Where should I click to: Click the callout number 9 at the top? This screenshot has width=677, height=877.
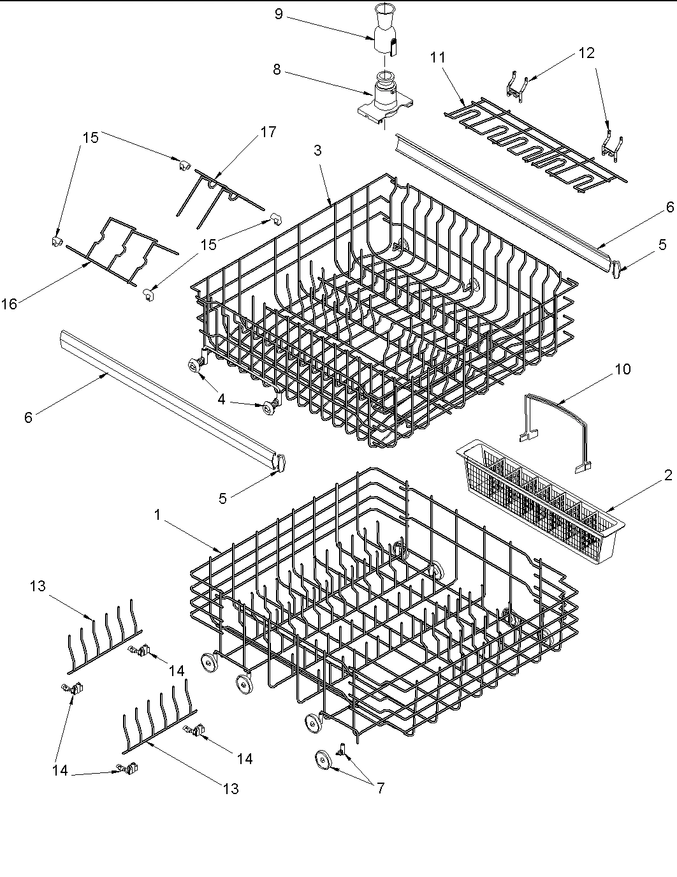(x=279, y=14)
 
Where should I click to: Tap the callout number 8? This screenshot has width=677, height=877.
(x=277, y=70)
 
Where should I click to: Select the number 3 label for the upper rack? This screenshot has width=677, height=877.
(x=317, y=151)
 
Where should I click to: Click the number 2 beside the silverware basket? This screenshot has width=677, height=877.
(x=668, y=475)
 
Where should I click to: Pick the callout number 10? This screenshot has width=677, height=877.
(x=623, y=369)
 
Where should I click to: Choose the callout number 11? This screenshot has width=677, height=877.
(x=437, y=57)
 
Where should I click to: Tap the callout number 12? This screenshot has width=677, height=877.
(x=586, y=53)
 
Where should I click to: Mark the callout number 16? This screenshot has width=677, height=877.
(x=9, y=304)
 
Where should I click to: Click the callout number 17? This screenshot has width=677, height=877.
(x=268, y=132)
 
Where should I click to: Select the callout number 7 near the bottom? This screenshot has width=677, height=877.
(x=380, y=788)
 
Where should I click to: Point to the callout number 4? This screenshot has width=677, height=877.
(x=221, y=399)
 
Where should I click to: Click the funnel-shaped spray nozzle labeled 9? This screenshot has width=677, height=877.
(x=384, y=32)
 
